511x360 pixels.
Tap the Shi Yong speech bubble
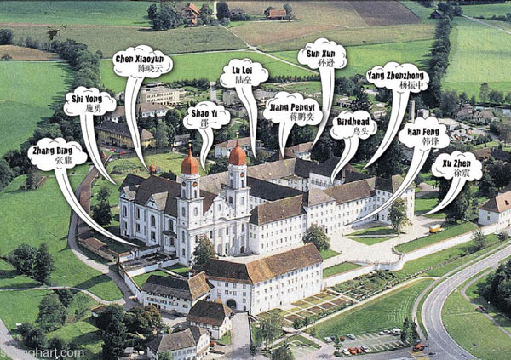[89, 103]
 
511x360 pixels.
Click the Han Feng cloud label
[423, 134]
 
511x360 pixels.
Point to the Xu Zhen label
[456, 165]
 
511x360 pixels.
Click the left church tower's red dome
[190, 163]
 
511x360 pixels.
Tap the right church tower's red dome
[238, 156]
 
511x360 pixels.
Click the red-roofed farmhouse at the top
[277, 14]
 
